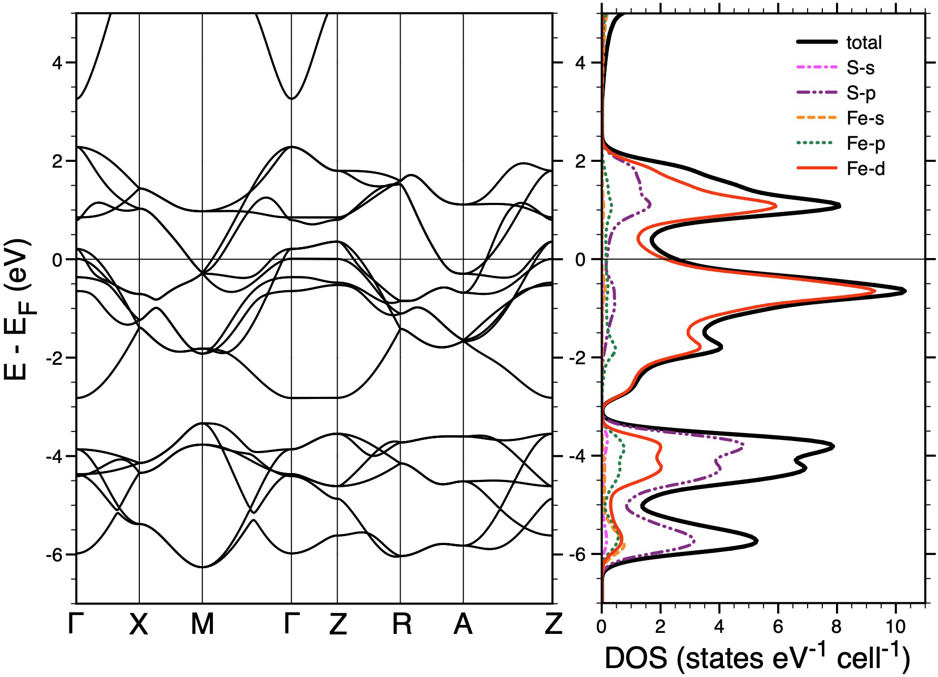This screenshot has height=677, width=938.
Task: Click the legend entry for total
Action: point(864,43)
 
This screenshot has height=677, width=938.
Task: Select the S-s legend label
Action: point(861,68)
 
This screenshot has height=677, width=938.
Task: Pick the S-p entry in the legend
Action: point(861,93)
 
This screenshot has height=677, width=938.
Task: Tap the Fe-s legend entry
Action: point(865,118)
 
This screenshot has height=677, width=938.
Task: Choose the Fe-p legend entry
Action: point(865,143)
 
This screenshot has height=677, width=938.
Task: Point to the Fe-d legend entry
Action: point(865,169)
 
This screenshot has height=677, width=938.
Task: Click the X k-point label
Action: point(139,625)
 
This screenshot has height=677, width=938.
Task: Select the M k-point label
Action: point(202,625)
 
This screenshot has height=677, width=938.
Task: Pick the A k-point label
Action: point(463,625)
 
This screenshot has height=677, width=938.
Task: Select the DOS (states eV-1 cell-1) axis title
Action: point(757,657)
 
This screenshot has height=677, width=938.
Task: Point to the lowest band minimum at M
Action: point(202,567)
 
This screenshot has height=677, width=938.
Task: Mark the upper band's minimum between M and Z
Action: point(292,98)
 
